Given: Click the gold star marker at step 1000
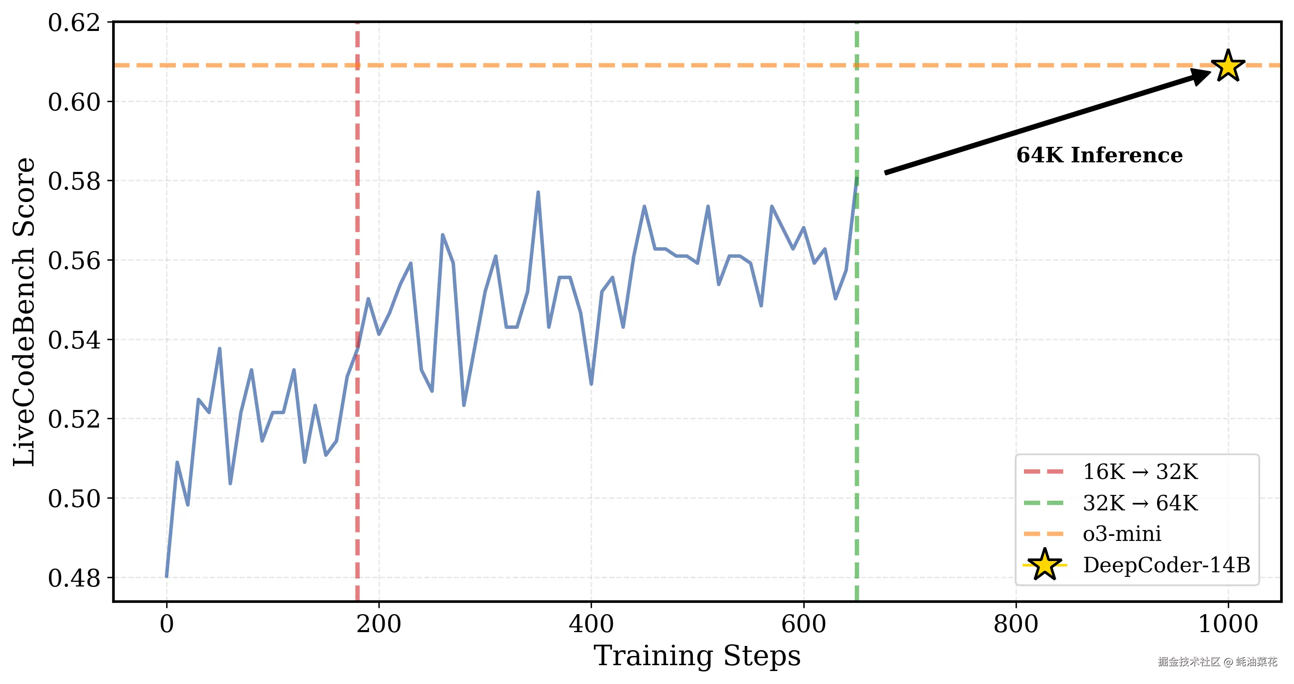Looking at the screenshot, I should point(1228,66).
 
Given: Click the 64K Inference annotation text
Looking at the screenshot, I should point(1099,155).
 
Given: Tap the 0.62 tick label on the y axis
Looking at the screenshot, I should point(74,23).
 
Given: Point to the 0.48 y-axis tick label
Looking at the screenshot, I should point(74,578).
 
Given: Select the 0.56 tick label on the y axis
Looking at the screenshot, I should point(74,261).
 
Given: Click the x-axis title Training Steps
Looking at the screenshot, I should point(697,656).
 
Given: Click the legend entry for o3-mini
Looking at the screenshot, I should point(1122,533).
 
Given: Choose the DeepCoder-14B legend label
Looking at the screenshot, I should point(1166,565).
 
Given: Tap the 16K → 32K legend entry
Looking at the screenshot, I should point(1140,472).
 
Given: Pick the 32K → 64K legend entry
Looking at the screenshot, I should point(1140,503).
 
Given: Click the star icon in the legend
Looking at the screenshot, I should point(1044,565).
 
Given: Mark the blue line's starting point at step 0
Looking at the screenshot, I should point(167,576).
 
